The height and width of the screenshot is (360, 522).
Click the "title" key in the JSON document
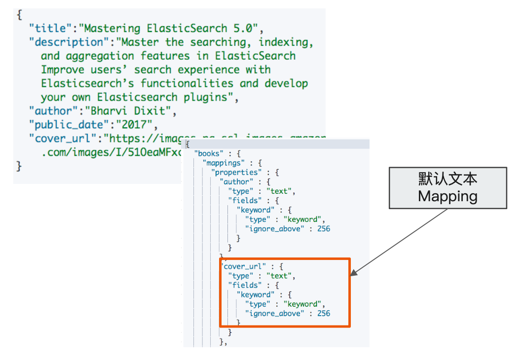pos(50,29)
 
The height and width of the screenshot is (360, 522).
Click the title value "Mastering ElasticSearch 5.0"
pos(162,29)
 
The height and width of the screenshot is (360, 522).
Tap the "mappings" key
pos(223,163)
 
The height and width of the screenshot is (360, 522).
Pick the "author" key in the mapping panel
pos(235,181)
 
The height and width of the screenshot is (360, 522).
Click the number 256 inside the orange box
pos(324,313)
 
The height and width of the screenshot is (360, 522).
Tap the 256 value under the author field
pos(324,228)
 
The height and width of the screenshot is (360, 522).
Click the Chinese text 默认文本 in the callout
pos(448,180)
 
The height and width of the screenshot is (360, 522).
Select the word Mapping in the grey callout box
pos(448,196)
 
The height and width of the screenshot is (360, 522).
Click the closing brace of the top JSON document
pos(19,166)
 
